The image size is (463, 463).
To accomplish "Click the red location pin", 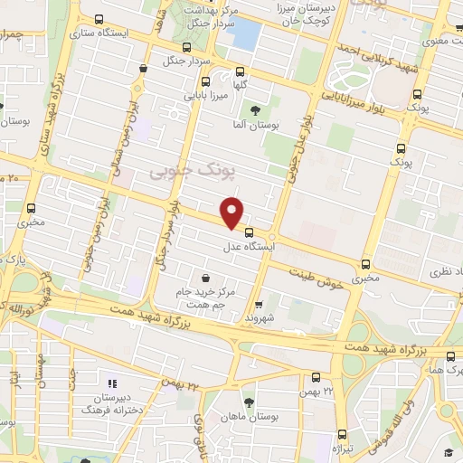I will [x=232, y=212].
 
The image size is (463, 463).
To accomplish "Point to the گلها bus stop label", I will [x=240, y=85].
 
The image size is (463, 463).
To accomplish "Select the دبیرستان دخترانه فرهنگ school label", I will [x=114, y=404].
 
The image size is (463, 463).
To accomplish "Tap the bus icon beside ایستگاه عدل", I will [x=249, y=232].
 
